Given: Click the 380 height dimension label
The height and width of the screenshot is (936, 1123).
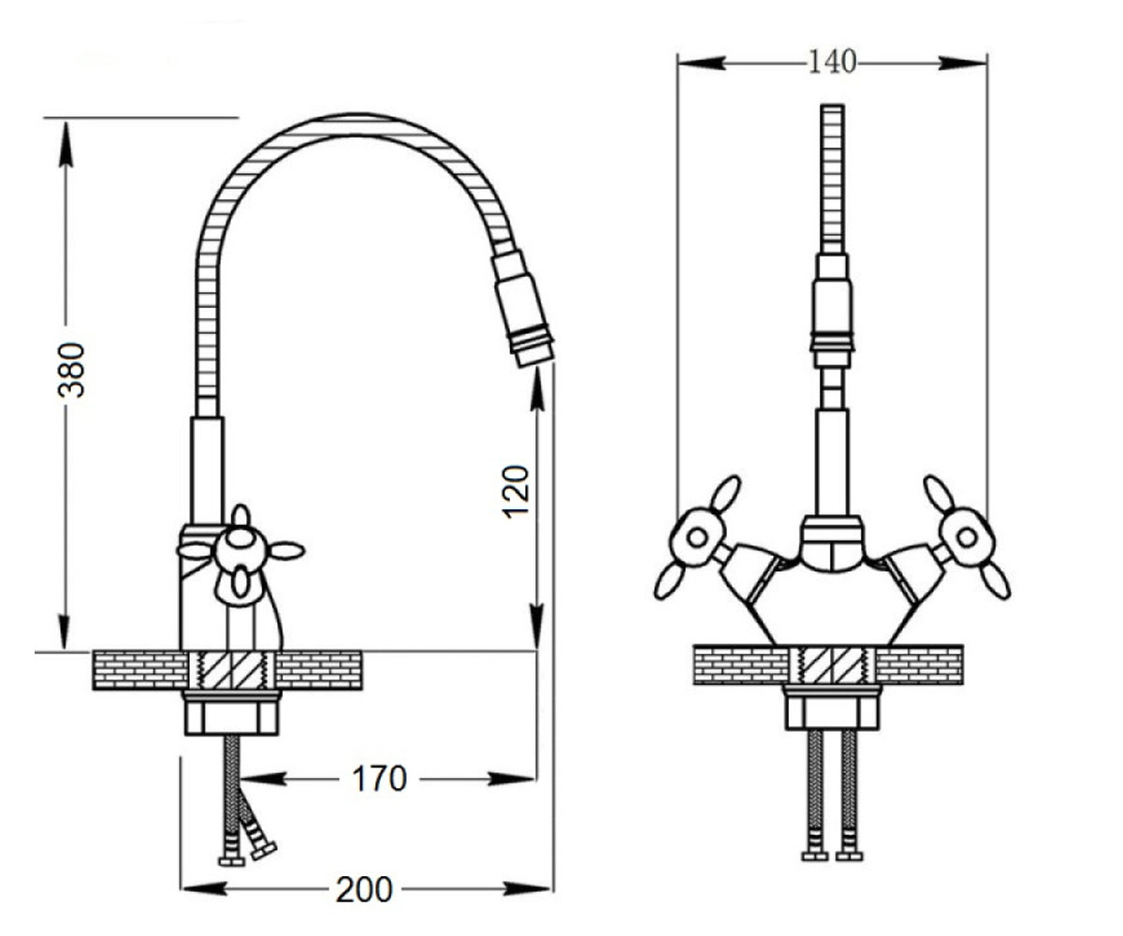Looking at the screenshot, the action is [x=71, y=370].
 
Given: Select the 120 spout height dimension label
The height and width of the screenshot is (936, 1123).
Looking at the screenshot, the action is [x=516, y=491].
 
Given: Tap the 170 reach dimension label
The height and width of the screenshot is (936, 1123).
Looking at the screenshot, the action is [x=379, y=779].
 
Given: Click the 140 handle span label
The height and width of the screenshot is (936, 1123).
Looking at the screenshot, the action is [x=832, y=62].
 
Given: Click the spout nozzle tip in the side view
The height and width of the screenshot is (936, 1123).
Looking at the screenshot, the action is [x=535, y=354].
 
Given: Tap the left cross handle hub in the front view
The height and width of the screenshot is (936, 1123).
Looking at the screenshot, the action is [x=697, y=537].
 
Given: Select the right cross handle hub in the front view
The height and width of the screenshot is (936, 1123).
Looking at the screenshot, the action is [x=967, y=537].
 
